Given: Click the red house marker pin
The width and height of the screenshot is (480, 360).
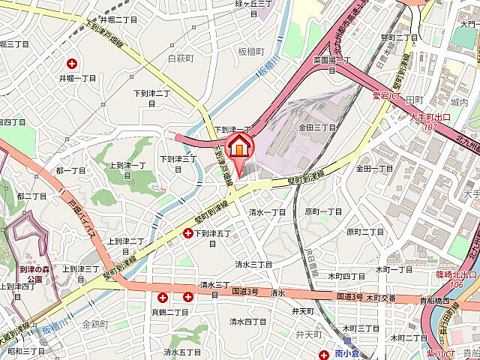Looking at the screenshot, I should [239, 148].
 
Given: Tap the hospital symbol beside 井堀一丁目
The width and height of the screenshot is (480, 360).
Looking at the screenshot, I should [73, 64].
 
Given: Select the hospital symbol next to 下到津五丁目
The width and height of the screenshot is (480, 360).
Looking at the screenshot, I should [187, 234].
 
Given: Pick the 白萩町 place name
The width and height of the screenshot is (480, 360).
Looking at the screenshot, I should [181, 57].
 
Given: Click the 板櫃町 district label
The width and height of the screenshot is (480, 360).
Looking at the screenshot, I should [251, 52].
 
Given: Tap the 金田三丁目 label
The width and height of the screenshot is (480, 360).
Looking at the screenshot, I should [317, 128].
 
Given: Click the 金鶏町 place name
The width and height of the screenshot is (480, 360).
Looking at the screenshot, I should [95, 324].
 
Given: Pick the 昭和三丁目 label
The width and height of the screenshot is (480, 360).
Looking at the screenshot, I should [25, 350].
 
